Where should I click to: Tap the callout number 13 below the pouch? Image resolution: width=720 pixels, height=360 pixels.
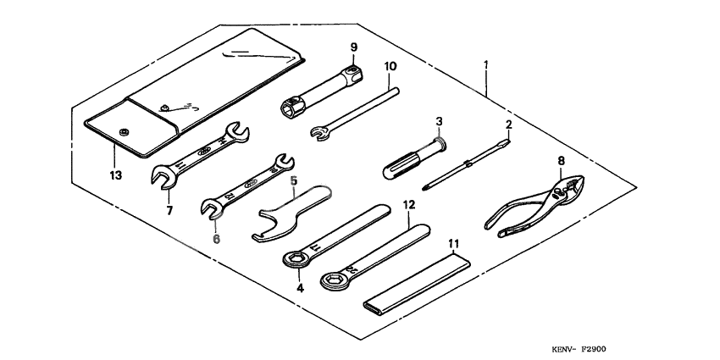(115, 176)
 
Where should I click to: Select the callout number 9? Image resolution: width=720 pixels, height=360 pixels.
(354, 46)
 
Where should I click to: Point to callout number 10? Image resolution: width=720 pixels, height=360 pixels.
(390, 65)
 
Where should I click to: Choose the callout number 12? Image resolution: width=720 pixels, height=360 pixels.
(408, 205)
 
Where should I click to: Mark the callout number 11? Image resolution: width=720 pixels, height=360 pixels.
(453, 244)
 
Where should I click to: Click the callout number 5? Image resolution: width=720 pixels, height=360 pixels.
(294, 180)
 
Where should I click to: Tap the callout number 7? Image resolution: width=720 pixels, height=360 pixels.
(169, 210)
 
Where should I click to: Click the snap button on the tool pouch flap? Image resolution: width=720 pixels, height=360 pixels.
(125, 130)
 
